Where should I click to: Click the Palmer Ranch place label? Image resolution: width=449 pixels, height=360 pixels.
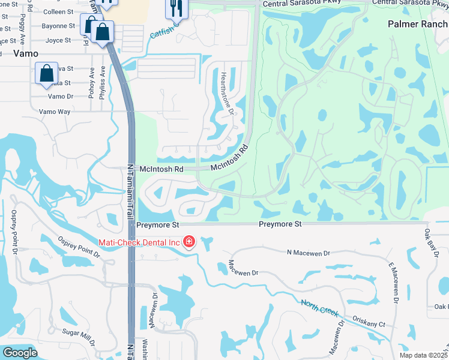[417, 23]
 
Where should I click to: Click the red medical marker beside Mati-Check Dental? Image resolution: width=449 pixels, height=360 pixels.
[189, 242]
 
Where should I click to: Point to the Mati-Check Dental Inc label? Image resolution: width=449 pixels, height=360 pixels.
[139, 242]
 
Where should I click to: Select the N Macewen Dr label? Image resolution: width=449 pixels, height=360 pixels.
[309, 253]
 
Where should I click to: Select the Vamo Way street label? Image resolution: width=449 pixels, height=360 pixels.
[55, 112]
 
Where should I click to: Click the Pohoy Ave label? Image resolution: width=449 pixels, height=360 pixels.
[92, 82]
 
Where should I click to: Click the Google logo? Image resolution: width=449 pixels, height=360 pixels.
[20, 353]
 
